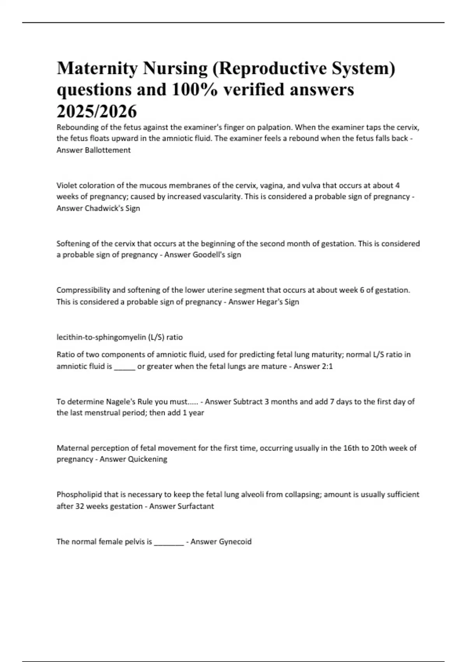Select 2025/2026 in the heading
click(x=97, y=112)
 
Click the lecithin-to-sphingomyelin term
click(x=102, y=337)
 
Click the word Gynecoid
click(x=235, y=542)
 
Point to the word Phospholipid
click(x=79, y=495)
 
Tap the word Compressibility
click(x=83, y=290)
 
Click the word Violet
click(x=67, y=185)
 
